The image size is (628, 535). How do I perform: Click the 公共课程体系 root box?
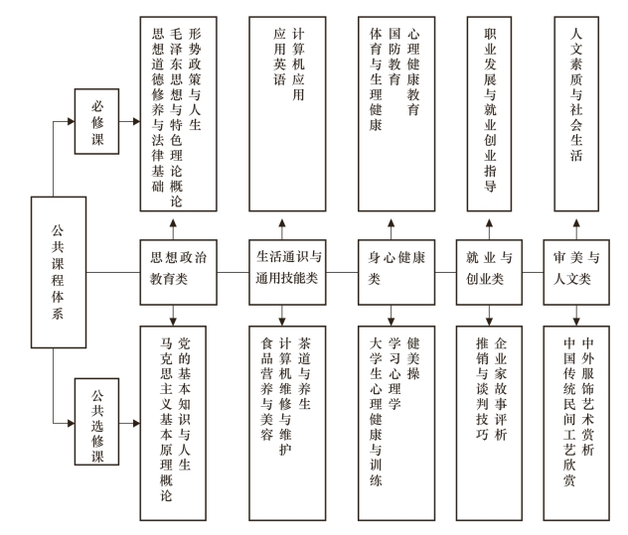(59, 272)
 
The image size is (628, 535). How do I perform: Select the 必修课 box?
(97, 121)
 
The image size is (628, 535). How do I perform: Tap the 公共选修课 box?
(97, 422)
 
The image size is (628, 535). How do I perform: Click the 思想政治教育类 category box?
(178, 272)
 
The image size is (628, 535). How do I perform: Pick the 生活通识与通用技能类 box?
(287, 272)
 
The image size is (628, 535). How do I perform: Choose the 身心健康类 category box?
(396, 272)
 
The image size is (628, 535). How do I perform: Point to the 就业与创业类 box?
(489, 272)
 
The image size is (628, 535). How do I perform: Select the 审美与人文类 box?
(576, 272)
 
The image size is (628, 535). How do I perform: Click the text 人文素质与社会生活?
(576, 94)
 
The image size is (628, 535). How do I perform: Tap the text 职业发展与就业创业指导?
(490, 109)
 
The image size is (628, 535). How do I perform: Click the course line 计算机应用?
(298, 65)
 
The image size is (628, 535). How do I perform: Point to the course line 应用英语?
(279, 57)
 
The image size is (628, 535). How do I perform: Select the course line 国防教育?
(394, 57)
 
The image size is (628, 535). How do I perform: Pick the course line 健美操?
(413, 358)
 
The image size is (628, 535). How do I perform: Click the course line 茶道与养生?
(304, 374)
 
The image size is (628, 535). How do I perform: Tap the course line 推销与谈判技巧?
(482, 389)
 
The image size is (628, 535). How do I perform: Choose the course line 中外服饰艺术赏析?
(587, 397)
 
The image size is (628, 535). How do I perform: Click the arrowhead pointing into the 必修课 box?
(72, 121)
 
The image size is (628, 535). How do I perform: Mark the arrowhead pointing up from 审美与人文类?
(576, 223)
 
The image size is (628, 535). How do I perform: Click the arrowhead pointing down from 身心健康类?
(392, 322)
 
